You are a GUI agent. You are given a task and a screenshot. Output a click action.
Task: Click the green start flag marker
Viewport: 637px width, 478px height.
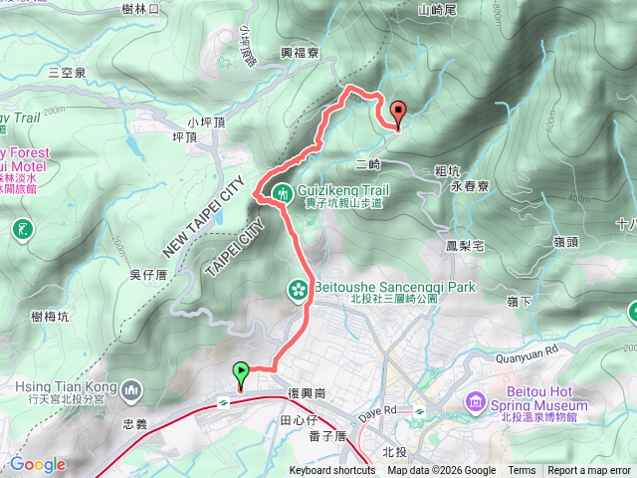(x=240, y=374)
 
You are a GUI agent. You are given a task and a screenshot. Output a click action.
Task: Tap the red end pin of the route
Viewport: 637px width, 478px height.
(x=398, y=113)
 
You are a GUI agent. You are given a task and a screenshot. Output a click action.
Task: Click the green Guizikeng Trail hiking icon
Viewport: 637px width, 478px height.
(x=280, y=192)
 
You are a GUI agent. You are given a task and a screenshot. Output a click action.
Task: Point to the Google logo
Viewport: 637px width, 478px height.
(x=38, y=464)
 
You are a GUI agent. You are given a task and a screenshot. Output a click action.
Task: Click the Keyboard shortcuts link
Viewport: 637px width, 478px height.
(x=332, y=471)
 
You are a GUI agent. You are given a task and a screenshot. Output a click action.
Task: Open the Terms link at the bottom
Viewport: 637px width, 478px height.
(x=522, y=471)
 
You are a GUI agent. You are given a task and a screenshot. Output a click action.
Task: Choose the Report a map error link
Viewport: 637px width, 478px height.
(x=590, y=471)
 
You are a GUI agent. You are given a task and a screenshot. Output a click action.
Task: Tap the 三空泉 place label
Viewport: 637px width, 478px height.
(x=67, y=72)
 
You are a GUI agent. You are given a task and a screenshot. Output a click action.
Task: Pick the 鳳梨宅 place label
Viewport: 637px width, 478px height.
(x=465, y=245)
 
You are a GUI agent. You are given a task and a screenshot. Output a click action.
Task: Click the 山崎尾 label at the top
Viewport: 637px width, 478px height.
(x=438, y=10)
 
